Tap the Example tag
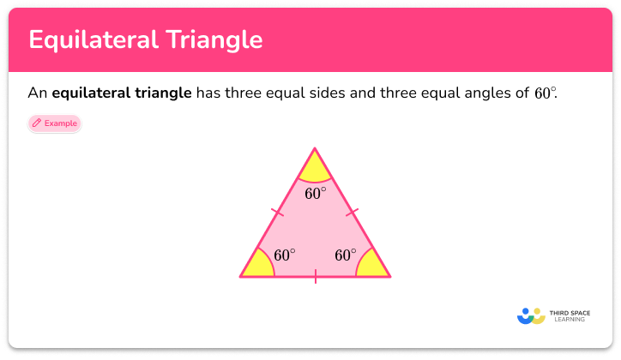[54, 123]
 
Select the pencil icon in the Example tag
[37, 123]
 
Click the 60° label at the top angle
[316, 194]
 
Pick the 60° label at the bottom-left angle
[285, 255]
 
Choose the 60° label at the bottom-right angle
[346, 255]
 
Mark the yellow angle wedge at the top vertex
[315, 165]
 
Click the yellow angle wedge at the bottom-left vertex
[257, 267]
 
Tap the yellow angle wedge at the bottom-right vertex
[373, 267]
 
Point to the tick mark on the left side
[276, 211]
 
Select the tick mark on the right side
[353, 211]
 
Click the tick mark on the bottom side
[315, 276]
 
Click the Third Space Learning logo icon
[532, 315]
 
